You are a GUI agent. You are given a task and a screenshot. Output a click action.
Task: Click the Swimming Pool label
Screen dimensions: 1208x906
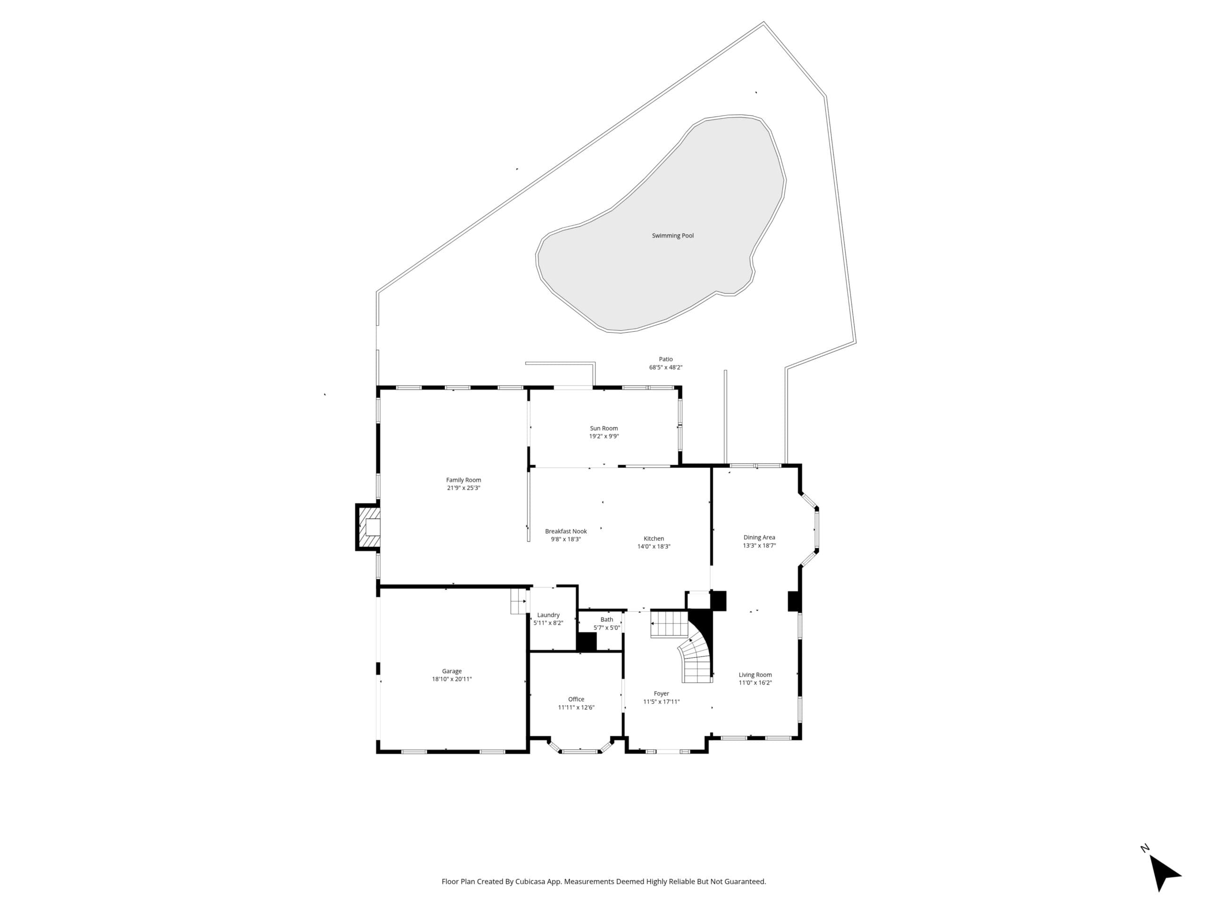pyautogui.click(x=673, y=236)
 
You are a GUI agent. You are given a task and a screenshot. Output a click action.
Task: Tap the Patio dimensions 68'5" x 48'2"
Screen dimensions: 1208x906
pyautogui.click(x=666, y=368)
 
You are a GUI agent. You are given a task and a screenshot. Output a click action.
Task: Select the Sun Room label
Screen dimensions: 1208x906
pyautogui.click(x=604, y=428)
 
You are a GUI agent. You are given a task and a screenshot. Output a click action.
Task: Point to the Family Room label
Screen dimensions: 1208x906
pyautogui.click(x=464, y=480)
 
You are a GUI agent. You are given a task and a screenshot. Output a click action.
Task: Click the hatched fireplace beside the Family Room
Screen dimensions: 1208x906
pyautogui.click(x=368, y=527)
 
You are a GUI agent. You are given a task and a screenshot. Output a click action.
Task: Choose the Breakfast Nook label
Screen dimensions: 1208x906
pyautogui.click(x=566, y=531)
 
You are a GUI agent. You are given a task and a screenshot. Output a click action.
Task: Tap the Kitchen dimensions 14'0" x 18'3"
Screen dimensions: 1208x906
pyautogui.click(x=654, y=546)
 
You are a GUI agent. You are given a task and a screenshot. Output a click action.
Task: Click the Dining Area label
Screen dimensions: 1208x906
pyautogui.click(x=759, y=537)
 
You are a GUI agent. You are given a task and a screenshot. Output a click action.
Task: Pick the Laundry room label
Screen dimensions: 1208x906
pyautogui.click(x=548, y=615)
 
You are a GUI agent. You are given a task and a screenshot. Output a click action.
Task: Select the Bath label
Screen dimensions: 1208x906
pyautogui.click(x=607, y=619)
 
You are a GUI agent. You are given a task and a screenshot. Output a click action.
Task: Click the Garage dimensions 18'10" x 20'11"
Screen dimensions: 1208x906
pyautogui.click(x=452, y=679)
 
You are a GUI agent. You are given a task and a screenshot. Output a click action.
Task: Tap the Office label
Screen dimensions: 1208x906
pyautogui.click(x=576, y=699)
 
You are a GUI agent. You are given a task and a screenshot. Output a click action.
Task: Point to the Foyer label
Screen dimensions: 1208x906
pyautogui.click(x=662, y=694)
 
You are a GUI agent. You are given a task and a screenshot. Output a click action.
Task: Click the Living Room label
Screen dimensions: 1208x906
pyautogui.click(x=755, y=674)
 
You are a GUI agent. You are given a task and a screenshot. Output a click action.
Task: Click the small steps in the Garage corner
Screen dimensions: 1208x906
pyautogui.click(x=518, y=601)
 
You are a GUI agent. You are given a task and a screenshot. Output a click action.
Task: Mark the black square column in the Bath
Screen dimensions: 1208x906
pyautogui.click(x=587, y=641)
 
